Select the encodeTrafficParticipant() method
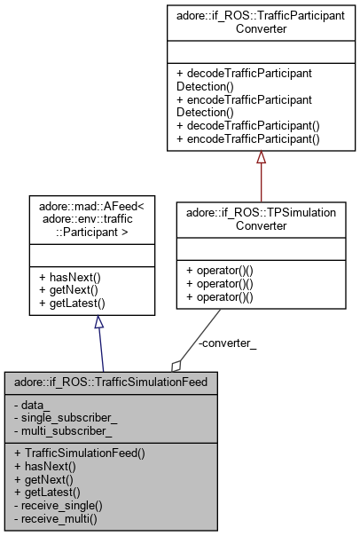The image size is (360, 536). [x=247, y=139]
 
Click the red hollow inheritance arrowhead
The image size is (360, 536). [x=261, y=158]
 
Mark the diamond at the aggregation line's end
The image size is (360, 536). [x=177, y=364]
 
